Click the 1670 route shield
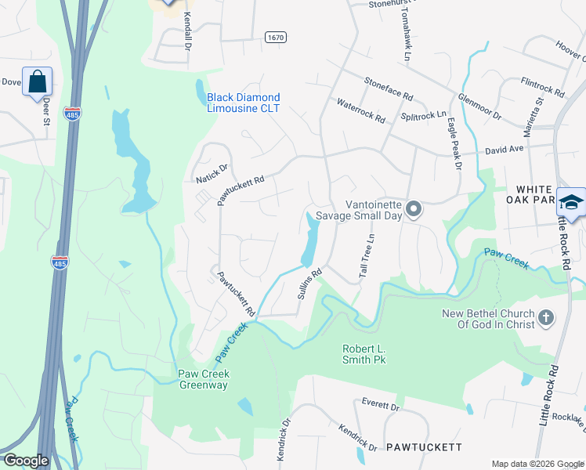(275, 37)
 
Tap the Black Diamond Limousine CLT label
(243, 103)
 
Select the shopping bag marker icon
(38, 81)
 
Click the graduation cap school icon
(571, 202)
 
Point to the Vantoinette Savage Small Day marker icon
(414, 209)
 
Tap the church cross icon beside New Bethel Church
(546, 318)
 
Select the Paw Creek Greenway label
(203, 379)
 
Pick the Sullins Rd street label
(310, 287)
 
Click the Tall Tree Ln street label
(364, 255)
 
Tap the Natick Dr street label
(211, 173)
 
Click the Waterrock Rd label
(360, 110)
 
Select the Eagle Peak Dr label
(453, 142)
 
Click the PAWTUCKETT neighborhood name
(424, 446)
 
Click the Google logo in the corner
(26, 461)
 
